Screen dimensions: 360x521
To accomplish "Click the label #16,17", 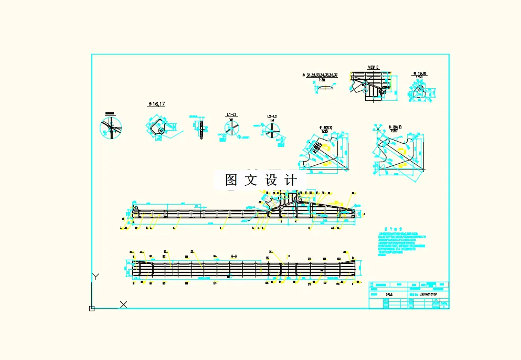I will (156, 104).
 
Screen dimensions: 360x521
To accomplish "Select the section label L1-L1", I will (231, 114).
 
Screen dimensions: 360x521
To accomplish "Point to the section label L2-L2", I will (272, 116).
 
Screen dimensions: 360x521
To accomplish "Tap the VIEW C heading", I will (373, 68).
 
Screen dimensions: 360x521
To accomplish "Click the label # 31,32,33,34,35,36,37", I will (320, 76).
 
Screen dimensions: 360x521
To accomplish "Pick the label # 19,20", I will (419, 73).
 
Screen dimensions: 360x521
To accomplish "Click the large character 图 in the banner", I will (232, 180).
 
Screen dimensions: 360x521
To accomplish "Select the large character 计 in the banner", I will (290, 180).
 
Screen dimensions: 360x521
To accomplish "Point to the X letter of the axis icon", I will (123, 304).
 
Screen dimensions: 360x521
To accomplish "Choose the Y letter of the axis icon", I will (95, 277).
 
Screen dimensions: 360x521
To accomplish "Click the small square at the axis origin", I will (92, 309).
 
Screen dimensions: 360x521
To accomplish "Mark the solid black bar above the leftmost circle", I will (110, 113).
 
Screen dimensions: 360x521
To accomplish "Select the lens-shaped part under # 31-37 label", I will (325, 89).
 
